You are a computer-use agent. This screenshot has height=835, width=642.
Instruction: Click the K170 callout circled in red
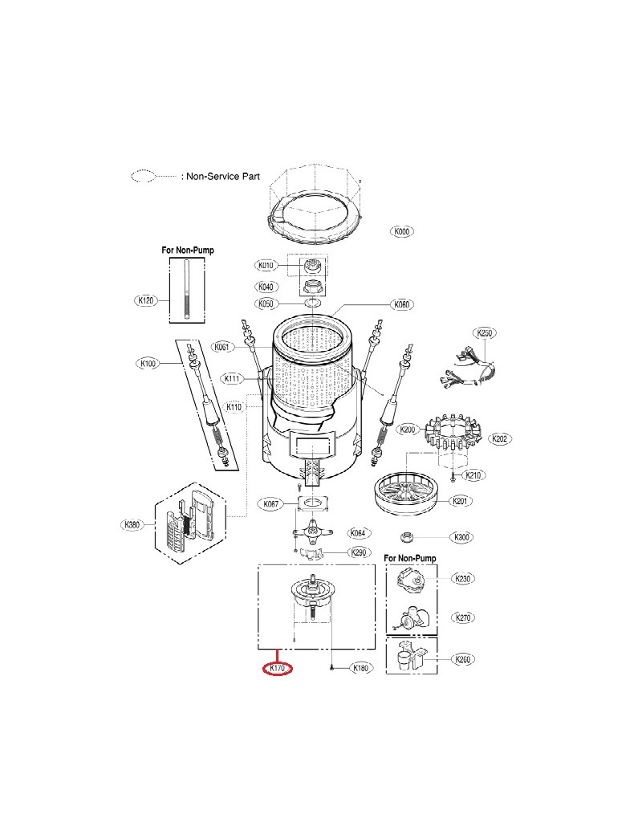[x=278, y=668]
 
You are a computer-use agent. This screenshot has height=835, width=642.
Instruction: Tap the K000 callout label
[x=402, y=231]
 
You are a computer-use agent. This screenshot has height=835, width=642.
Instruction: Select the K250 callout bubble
[x=484, y=333]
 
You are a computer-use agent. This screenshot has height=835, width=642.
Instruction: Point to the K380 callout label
[x=132, y=524]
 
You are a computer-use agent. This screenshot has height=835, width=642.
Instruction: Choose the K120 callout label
[x=145, y=300]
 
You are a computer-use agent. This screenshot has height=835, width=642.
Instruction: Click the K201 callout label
[x=460, y=500]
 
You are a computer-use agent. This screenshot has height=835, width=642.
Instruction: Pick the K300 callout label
[x=461, y=537]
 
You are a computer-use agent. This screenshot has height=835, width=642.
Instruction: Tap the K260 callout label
[x=463, y=659]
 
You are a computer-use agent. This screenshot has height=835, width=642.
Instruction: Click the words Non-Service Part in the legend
[x=223, y=177]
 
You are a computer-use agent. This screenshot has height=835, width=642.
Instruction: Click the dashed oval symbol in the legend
[x=143, y=177]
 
